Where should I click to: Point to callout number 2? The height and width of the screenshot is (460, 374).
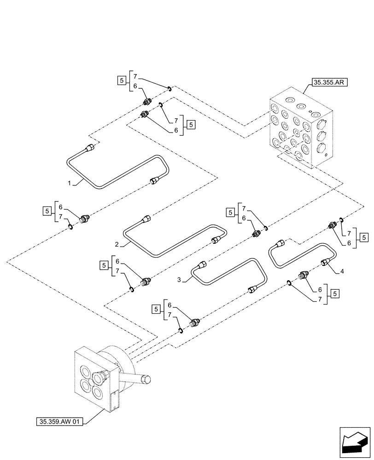coord(117,244)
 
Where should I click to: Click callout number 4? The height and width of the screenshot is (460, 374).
coord(342,272)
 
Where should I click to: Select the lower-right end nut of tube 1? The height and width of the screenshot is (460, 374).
coord(154,182)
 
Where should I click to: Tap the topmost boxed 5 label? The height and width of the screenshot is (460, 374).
coord(121,80)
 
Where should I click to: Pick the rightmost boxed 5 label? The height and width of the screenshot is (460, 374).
coord(363,238)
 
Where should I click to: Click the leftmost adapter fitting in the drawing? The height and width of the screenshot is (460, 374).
coord(84,219)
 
